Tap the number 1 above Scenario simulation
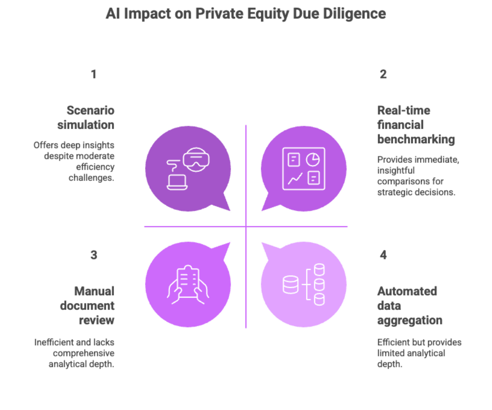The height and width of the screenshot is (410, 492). [x=94, y=75]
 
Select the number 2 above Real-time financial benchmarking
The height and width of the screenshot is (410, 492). [x=383, y=75]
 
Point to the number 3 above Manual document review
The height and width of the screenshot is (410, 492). [x=94, y=255]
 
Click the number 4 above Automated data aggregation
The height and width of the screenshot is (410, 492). [x=383, y=255]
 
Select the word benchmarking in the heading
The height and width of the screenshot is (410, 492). [x=416, y=139]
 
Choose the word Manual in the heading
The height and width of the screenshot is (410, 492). [x=94, y=291]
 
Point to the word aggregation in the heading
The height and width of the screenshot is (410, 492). [x=410, y=320]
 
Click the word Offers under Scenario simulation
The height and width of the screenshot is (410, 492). [x=43, y=145]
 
